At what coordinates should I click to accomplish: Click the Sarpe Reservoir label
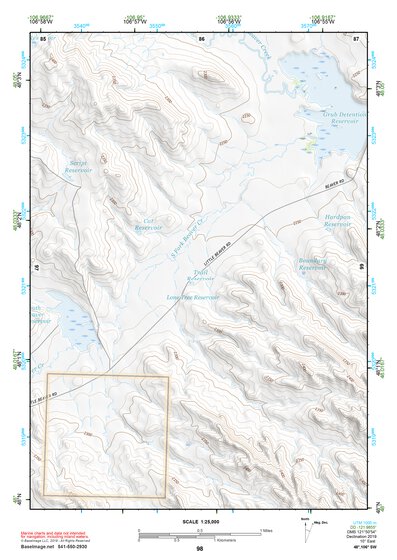[78, 167]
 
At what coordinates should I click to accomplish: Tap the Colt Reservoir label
[149, 225]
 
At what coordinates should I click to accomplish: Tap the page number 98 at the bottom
[199, 549]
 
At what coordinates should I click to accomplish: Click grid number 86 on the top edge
[202, 38]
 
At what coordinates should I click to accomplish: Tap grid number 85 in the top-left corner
[43, 38]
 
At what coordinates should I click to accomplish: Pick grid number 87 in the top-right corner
[355, 38]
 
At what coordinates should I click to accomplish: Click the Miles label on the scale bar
[265, 529]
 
